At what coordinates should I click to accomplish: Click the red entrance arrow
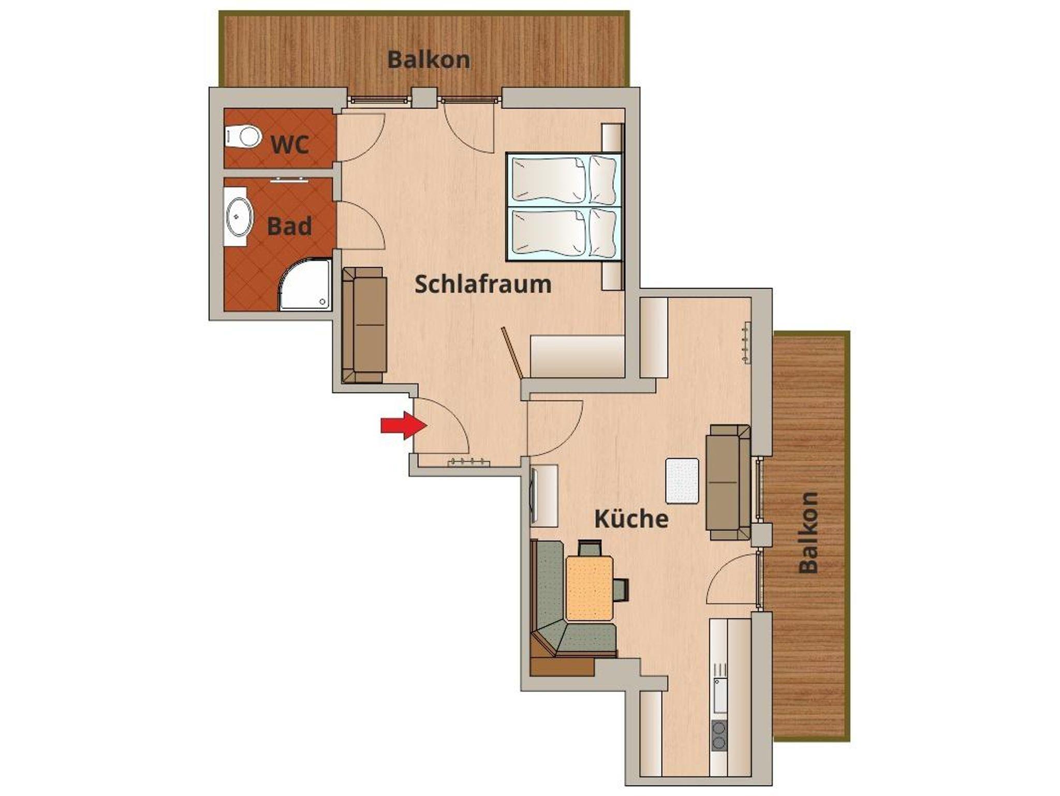click(x=404, y=425)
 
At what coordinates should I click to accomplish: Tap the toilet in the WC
click(x=242, y=137)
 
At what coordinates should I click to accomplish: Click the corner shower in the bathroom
click(x=305, y=285)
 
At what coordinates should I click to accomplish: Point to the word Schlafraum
click(x=483, y=285)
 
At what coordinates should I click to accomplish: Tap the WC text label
click(x=290, y=144)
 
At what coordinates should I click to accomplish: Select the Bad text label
click(x=289, y=227)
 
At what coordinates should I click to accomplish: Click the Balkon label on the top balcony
click(x=429, y=60)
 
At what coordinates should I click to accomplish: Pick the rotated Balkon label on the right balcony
click(x=808, y=533)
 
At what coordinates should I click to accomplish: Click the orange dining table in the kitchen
click(x=590, y=588)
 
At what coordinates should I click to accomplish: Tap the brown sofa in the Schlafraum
click(x=364, y=325)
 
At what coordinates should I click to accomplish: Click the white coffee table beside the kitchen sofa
click(x=682, y=480)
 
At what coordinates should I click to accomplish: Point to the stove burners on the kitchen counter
click(x=719, y=736)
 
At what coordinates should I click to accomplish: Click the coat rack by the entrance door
click(x=468, y=462)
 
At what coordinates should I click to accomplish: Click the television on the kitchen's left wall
click(x=533, y=496)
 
